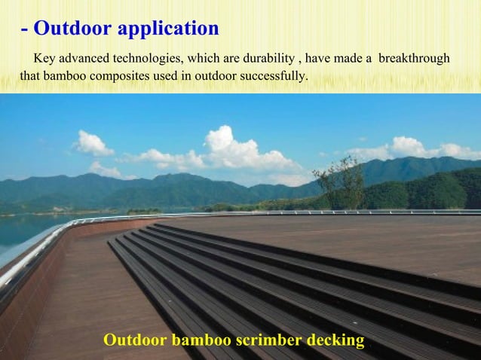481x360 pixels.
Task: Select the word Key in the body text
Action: (x=44, y=59)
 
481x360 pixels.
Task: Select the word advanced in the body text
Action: (x=84, y=59)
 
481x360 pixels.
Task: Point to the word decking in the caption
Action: (x=334, y=340)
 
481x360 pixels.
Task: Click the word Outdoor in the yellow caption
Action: (x=135, y=340)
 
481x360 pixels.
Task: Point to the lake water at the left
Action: (x=23, y=230)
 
